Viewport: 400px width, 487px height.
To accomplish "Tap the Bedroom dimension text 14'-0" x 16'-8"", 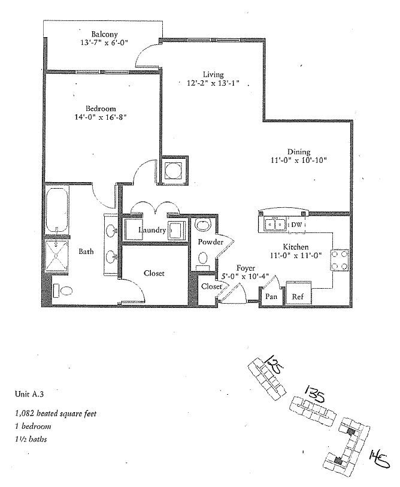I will click(101, 118).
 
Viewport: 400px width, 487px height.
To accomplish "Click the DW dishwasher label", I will click(296, 225).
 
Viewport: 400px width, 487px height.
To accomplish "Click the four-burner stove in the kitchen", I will click(341, 260).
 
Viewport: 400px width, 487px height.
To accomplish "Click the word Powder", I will click(211, 242).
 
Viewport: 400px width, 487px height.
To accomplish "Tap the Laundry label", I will click(151, 230).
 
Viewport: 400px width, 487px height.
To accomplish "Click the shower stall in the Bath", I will click(58, 258).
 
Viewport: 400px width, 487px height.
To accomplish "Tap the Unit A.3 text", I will click(29, 394).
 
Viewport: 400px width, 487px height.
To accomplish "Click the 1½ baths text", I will click(31, 439).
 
